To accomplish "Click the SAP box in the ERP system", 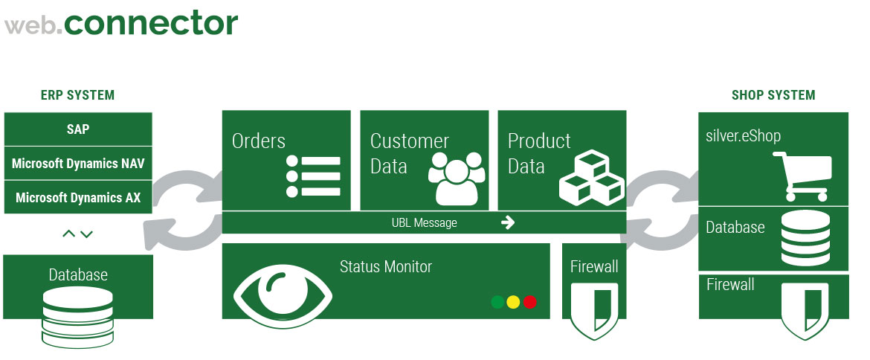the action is coord(78,129).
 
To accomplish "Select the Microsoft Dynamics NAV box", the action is coord(78,163).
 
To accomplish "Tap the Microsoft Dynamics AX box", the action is coord(78,197).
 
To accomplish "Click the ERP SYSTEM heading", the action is coord(77,95).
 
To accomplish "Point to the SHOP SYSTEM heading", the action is coord(773,95).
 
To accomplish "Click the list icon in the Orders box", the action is coord(314,176).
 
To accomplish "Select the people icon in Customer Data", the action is coord(457,178).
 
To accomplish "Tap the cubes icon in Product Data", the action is coord(591,178).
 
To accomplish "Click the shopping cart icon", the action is coord(803,176).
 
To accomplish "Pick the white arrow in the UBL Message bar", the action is coord(508,222).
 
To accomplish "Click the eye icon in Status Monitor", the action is coord(283,295).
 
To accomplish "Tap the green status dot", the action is coord(497,302).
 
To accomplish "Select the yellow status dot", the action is coord(513,302).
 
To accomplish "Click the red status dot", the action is coord(530,302).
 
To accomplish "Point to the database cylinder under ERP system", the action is coord(77,317).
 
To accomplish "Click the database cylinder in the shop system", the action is coord(805,237).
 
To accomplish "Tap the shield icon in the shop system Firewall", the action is coord(805,311).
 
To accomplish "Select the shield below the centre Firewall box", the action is coord(594,311).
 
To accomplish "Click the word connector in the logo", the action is coord(151,24).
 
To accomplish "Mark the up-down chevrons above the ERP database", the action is coord(77,234).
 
